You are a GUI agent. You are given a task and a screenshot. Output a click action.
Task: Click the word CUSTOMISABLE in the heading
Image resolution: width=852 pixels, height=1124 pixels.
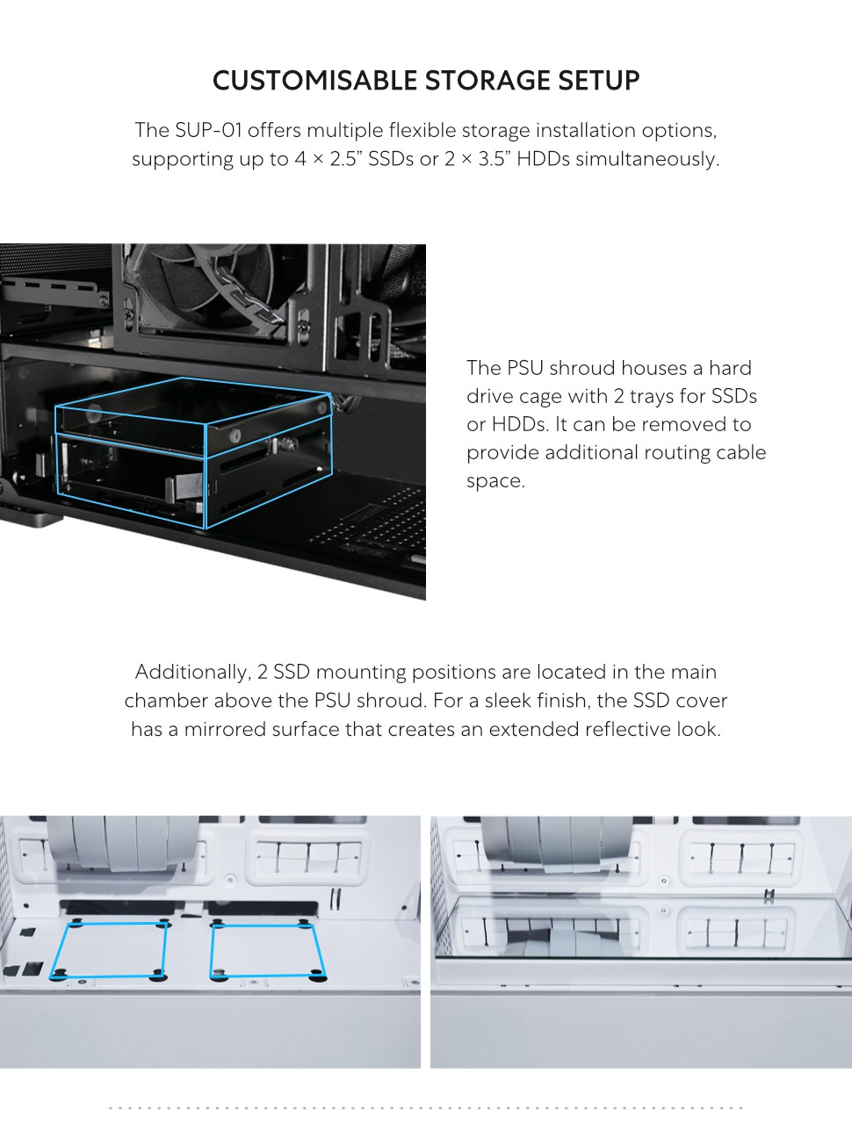(x=314, y=81)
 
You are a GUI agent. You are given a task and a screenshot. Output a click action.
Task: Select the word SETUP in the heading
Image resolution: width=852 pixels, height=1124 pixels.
(x=598, y=81)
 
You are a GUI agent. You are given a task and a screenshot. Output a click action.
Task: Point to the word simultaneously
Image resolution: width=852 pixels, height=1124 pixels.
(x=647, y=159)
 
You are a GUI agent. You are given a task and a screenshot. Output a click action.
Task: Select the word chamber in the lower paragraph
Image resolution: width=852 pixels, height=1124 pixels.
(x=166, y=701)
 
